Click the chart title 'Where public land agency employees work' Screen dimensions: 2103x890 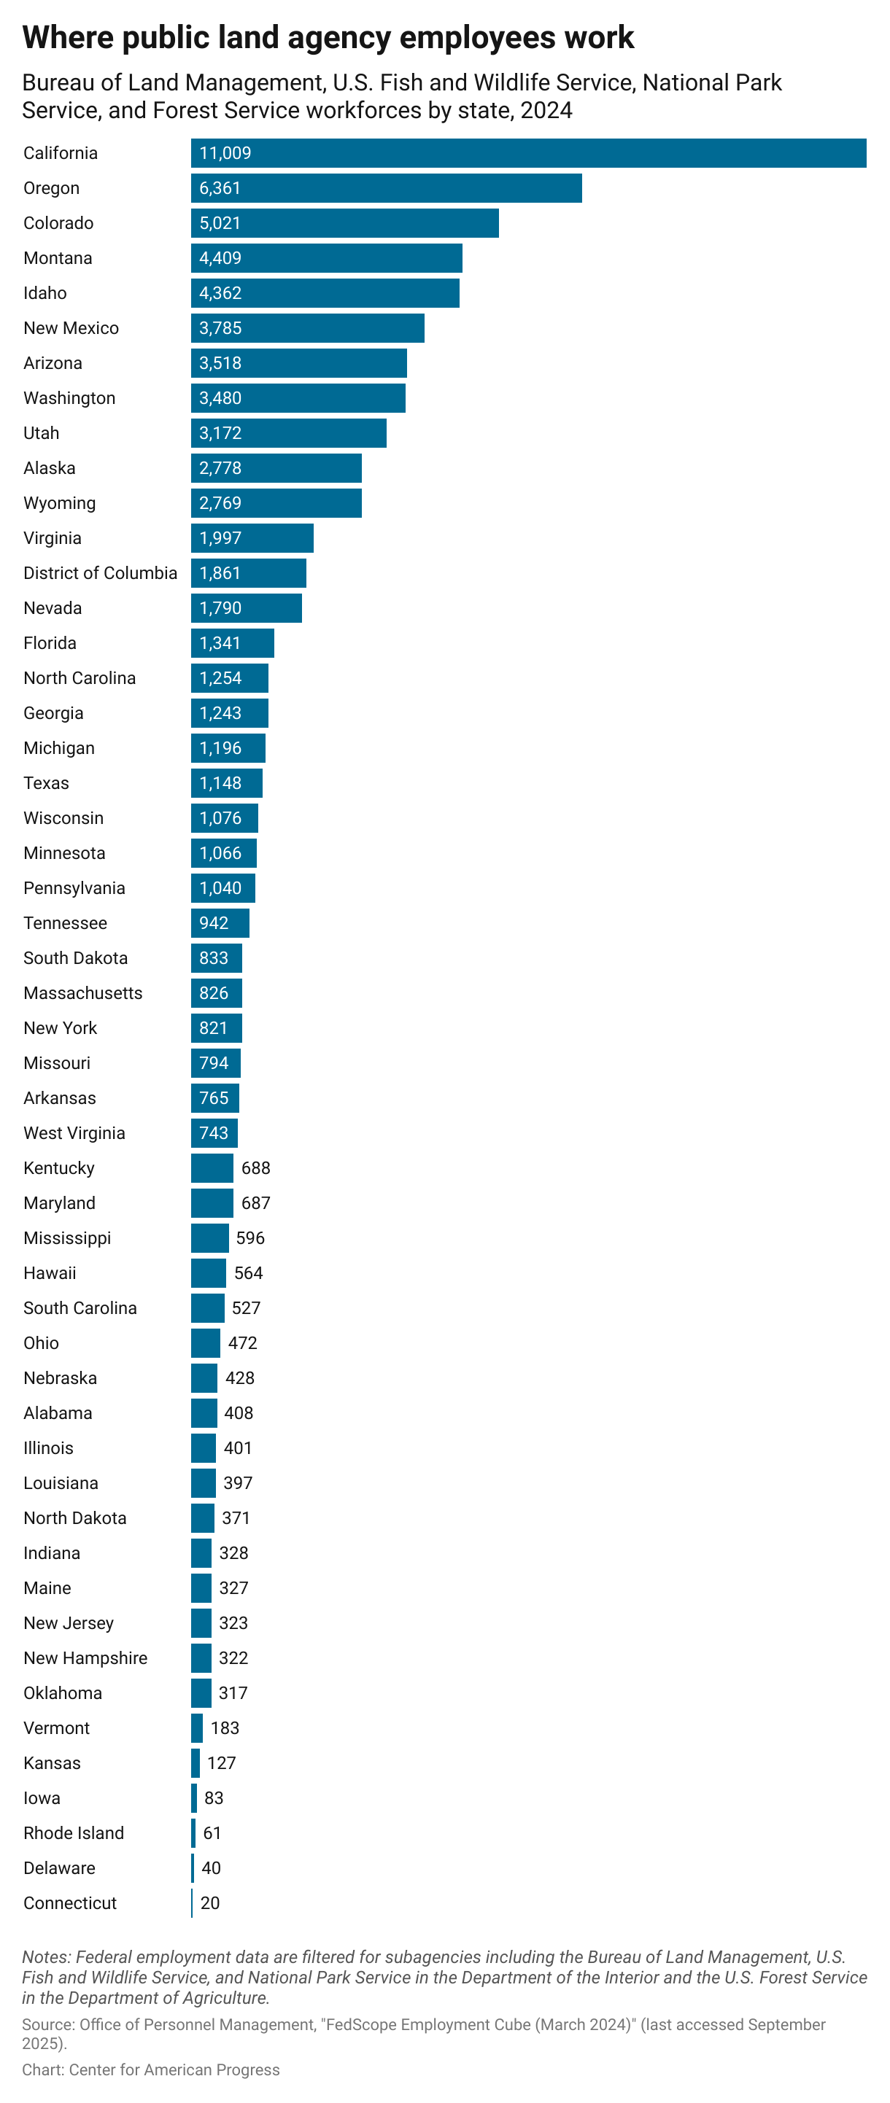(328, 38)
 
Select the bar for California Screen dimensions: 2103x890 (528, 152)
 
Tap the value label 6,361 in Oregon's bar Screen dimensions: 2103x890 (220, 188)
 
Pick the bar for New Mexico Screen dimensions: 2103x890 (307, 327)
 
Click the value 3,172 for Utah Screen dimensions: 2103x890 (220, 432)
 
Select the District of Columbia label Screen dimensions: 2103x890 (100, 573)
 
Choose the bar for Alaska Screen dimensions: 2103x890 (276, 468)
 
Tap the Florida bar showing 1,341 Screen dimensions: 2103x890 (232, 643)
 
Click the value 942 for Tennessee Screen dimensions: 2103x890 (213, 923)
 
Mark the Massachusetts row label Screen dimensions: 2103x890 (82, 992)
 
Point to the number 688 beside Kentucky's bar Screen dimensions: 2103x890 (255, 1168)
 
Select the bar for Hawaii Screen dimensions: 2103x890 (208, 1272)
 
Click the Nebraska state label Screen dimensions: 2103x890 (60, 1378)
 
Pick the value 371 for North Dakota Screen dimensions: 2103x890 (236, 1517)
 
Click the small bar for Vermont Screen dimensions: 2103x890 (197, 1728)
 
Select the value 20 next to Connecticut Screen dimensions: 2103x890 (210, 1903)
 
